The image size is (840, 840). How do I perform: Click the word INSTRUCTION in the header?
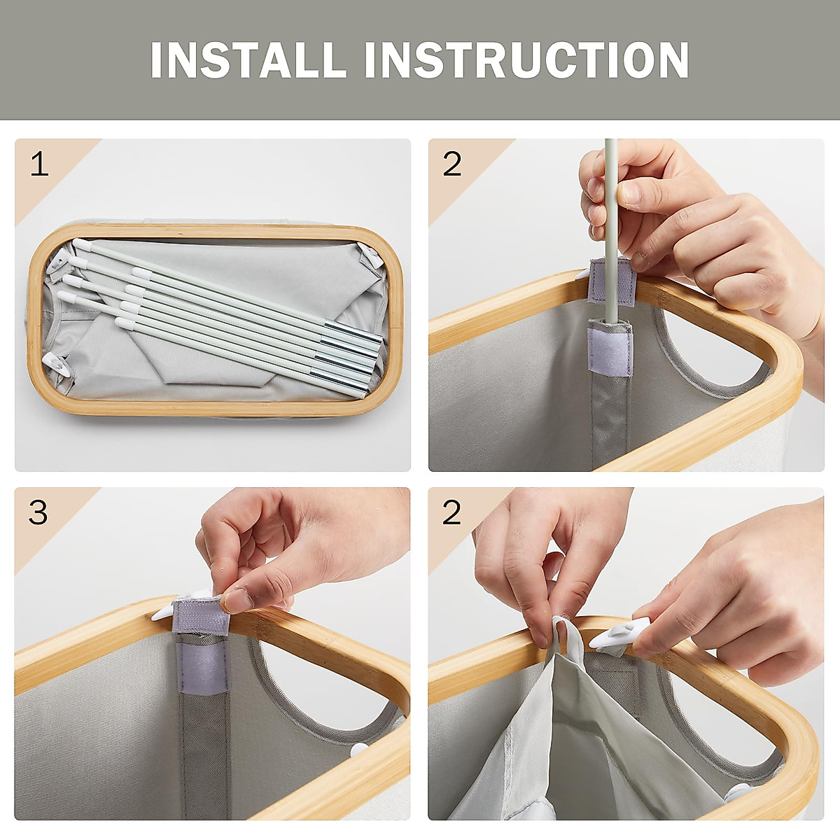(x=526, y=59)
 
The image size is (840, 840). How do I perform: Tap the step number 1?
(x=40, y=166)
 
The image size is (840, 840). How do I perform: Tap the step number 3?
(x=38, y=512)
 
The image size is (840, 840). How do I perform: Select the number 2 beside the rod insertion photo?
(x=452, y=164)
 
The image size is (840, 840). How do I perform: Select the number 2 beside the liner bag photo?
(x=452, y=512)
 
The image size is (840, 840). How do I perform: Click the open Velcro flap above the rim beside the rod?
(x=612, y=281)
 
